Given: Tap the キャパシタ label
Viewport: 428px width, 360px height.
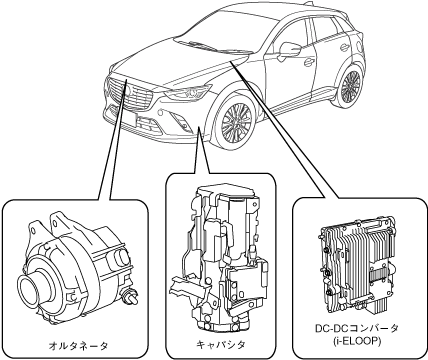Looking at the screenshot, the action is pos(221,344).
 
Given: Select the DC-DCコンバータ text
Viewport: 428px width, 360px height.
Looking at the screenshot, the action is pos(357,328).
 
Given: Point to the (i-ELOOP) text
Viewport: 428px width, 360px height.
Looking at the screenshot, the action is pos(357,341).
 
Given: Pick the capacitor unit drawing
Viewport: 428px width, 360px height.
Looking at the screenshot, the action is pos(220,258).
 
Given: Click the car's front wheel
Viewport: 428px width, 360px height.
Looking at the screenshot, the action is pos(236,122).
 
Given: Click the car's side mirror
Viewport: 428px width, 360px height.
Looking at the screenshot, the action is pos(289,50).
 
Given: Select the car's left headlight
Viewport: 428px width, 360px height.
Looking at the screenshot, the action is pos(187,92).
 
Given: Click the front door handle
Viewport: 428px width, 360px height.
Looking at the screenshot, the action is pos(309,62).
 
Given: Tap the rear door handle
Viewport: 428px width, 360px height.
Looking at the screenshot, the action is pos(345,47).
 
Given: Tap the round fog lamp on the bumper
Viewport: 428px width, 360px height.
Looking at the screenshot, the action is pos(161,112).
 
